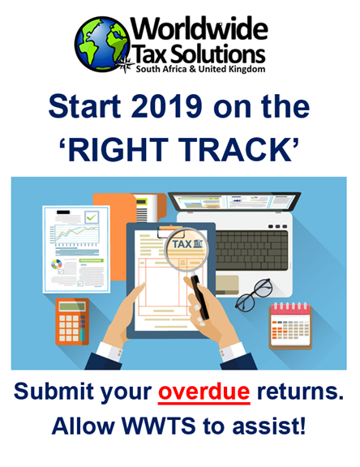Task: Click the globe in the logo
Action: pyautogui.click(x=102, y=44)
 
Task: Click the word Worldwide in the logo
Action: pyautogui.click(x=199, y=28)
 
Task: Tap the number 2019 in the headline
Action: pyautogui.click(x=167, y=106)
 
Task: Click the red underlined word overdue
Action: pyautogui.click(x=204, y=392)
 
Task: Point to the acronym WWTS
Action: pyautogui.click(x=159, y=426)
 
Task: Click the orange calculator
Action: pyautogui.click(x=72, y=321)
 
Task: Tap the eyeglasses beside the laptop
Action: pyautogui.click(x=254, y=295)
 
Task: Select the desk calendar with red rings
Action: pyautogui.click(x=290, y=325)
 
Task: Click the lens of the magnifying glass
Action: pyautogui.click(x=186, y=249)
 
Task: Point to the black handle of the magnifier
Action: pyautogui.click(x=199, y=297)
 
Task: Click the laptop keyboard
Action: pyautogui.click(x=251, y=251)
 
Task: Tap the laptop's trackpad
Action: pyautogui.click(x=227, y=285)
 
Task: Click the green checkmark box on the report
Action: pyautogui.click(x=92, y=217)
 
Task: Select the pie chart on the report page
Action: pyautogui.click(x=57, y=263)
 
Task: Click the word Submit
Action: pyautogui.click(x=54, y=391)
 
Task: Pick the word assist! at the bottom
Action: pyautogui.click(x=269, y=426)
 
